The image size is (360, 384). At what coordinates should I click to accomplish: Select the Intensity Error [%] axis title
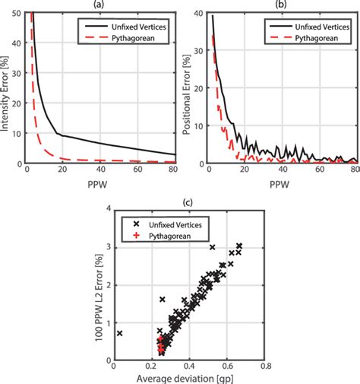click(6, 87)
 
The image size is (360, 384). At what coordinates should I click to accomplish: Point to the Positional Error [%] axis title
click(188, 87)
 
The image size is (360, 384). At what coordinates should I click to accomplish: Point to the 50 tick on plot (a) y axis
click(19, 13)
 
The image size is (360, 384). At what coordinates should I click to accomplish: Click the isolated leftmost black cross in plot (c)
click(119, 333)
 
